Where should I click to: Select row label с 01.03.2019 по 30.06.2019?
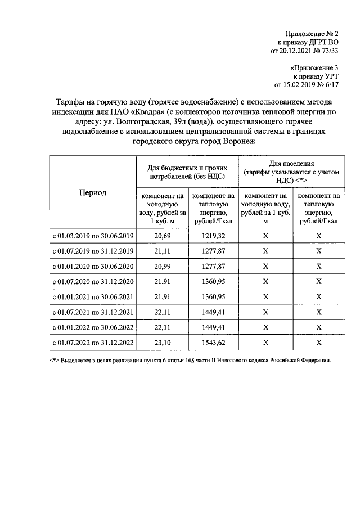click(93, 235)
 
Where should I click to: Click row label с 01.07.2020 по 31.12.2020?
click(93, 281)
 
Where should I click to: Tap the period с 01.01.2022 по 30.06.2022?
click(93, 326)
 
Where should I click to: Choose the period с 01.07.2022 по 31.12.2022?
click(93, 341)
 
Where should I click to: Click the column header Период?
click(93, 192)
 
